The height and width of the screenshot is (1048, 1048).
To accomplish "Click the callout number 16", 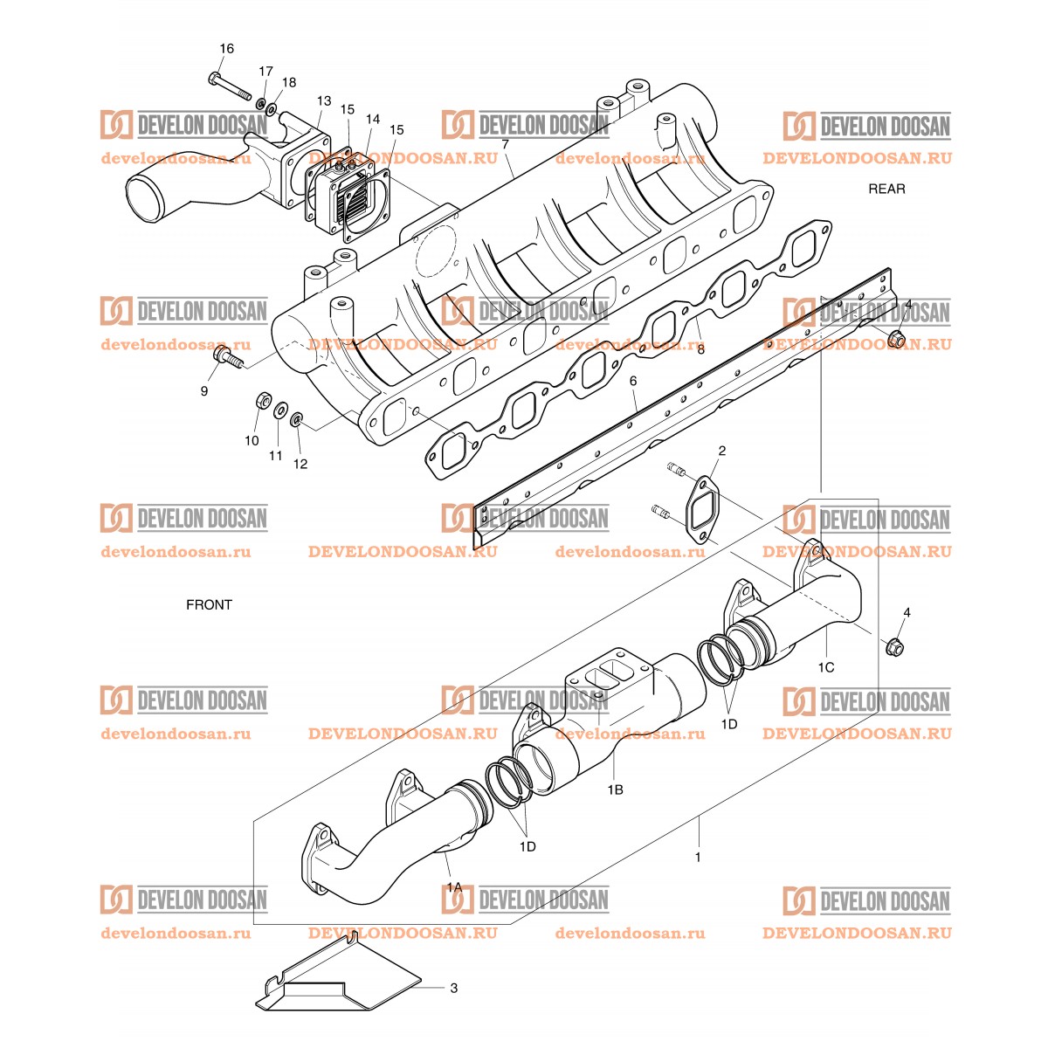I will coord(226,49).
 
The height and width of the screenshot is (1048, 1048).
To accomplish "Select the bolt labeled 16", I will coord(230,86).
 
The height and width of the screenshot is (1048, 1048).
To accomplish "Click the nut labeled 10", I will coord(261,402).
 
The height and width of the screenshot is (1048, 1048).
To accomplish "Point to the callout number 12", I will coord(300,464).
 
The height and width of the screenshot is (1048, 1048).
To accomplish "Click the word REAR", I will coord(886,189).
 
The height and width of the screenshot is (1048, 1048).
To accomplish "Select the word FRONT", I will coord(209,604).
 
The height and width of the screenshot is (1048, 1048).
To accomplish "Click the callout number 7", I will coord(505,143).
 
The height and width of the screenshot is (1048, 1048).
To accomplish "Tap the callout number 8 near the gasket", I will coord(700,348).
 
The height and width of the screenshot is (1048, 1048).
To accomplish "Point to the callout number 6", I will coord(633,381).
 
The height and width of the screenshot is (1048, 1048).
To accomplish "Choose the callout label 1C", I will coord(825,667).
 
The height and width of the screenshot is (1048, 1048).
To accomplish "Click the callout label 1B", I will coord(615,789).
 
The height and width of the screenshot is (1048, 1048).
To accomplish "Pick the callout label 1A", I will coord(454,886).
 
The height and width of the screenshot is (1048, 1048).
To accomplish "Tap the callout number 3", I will coord(453,989).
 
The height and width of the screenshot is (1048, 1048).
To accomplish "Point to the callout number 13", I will coord(324,101).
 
